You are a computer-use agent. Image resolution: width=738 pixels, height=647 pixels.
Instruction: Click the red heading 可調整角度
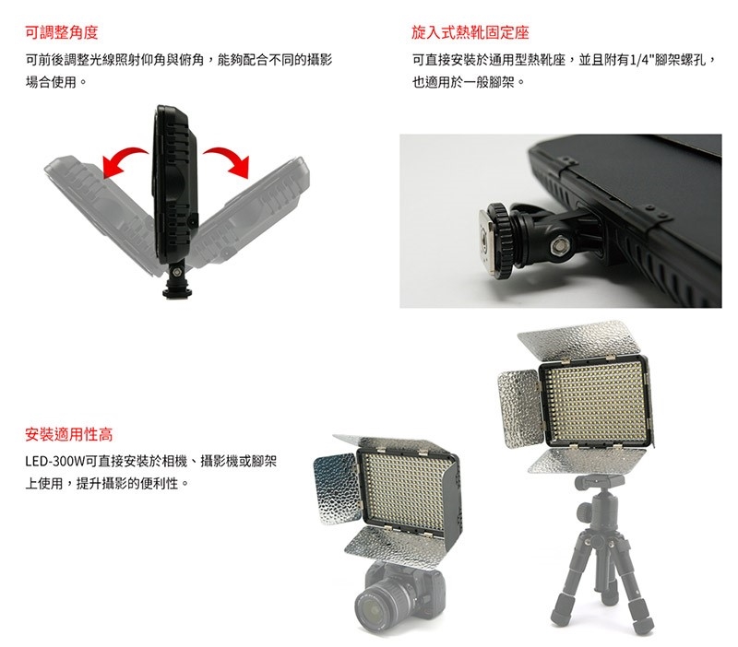62,32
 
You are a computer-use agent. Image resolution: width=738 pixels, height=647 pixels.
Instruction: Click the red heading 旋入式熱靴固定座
470,32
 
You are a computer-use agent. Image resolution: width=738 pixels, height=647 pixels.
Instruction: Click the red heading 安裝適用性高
69,434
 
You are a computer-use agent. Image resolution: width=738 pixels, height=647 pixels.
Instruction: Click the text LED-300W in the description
55,461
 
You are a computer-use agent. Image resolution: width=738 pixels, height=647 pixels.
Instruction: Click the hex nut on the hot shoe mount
560,244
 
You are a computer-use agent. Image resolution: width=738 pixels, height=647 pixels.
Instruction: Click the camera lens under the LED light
375,606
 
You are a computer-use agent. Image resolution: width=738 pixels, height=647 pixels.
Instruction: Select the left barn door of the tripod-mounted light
519,408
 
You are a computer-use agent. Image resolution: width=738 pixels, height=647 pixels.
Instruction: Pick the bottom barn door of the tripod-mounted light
587,461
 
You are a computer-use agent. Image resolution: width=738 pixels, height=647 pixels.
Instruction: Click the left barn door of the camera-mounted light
337,488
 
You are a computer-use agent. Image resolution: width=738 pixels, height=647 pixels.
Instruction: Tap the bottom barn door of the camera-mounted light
396,546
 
